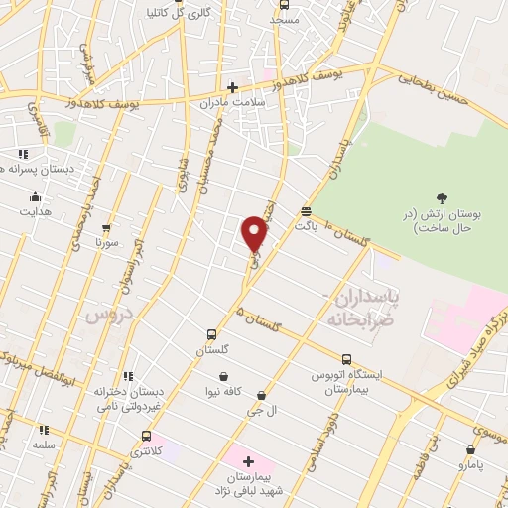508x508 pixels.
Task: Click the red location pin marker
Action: tap(255, 233)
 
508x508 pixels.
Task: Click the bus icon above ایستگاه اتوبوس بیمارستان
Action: tap(345, 359)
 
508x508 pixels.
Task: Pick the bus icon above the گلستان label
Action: tap(210, 335)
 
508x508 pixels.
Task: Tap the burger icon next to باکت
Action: tap(306, 211)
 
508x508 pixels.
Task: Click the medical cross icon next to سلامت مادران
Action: tap(233, 87)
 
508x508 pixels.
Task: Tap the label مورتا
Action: tap(106, 241)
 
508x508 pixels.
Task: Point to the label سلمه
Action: tap(43, 445)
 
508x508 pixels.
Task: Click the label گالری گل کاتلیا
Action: tap(194, 13)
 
